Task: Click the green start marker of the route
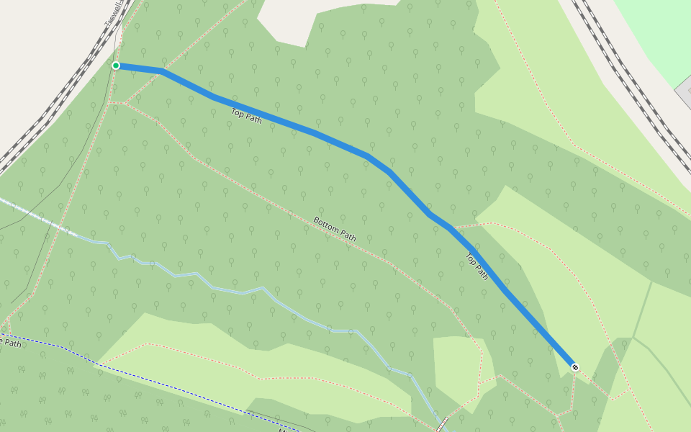(116, 66)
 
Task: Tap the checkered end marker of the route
(574, 367)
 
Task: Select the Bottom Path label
(335, 228)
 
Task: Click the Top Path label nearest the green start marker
(246, 115)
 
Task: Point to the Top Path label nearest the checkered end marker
(477, 266)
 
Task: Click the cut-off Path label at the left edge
(10, 343)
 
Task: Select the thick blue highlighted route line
(317, 135)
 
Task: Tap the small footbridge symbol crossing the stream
(441, 424)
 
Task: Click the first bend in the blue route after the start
(162, 71)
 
